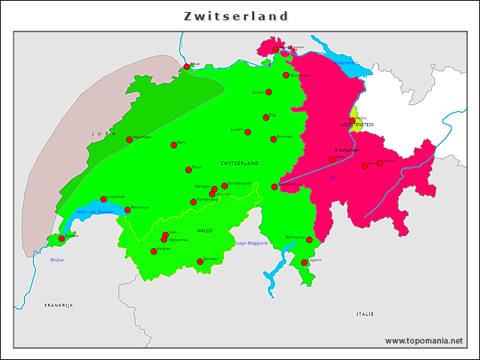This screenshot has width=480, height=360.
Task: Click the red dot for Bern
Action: pyautogui.click(x=174, y=145)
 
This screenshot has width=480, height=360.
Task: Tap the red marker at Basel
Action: pyautogui.click(x=187, y=67)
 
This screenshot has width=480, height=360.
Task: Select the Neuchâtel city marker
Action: pyautogui.click(x=129, y=139)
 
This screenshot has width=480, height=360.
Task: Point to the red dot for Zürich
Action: pyautogui.click(x=268, y=92)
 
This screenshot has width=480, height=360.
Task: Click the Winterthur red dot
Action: pyautogui.click(x=286, y=75)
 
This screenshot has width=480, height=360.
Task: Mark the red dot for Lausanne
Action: pyautogui.click(x=103, y=199)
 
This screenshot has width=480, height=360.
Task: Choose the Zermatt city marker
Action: pyautogui.click(x=200, y=262)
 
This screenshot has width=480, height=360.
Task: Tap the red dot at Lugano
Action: pyautogui.click(x=304, y=262)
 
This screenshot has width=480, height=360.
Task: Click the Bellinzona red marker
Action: pyautogui.click(x=309, y=240)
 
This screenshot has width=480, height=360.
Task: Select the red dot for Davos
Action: pyautogui.click(x=379, y=163)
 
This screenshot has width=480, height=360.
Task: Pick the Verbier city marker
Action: pyautogui.click(x=154, y=251)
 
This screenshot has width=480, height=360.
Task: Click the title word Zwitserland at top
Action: pyautogui.click(x=236, y=16)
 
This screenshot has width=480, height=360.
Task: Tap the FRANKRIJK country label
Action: pyautogui.click(x=58, y=305)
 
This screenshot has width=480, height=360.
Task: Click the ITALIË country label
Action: pyautogui.click(x=365, y=313)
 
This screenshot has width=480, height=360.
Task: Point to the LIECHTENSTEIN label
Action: pyautogui.click(x=358, y=124)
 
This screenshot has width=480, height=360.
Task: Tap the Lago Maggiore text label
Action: pyautogui.click(x=251, y=243)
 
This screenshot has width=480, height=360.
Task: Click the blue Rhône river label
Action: pyautogui.click(x=57, y=259)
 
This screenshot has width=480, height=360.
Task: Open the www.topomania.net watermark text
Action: pyautogui.click(x=424, y=340)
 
